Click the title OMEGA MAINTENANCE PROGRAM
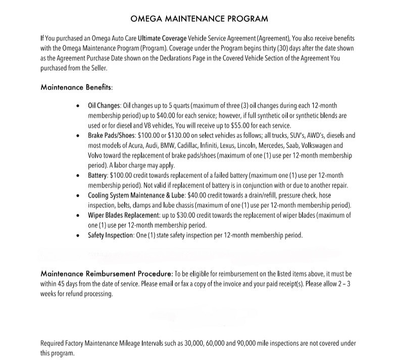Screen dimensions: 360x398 (x=199, y=19)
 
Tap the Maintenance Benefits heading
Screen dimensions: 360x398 (x=76, y=87)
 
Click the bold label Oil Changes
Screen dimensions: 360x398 (x=105, y=106)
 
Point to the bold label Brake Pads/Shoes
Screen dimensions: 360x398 (x=111, y=136)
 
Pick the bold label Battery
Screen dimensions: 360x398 (x=98, y=175)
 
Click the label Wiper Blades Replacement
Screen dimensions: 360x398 (x=124, y=215)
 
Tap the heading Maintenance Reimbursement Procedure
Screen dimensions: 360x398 (x=107, y=274)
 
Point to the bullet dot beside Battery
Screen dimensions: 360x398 (x=77, y=176)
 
